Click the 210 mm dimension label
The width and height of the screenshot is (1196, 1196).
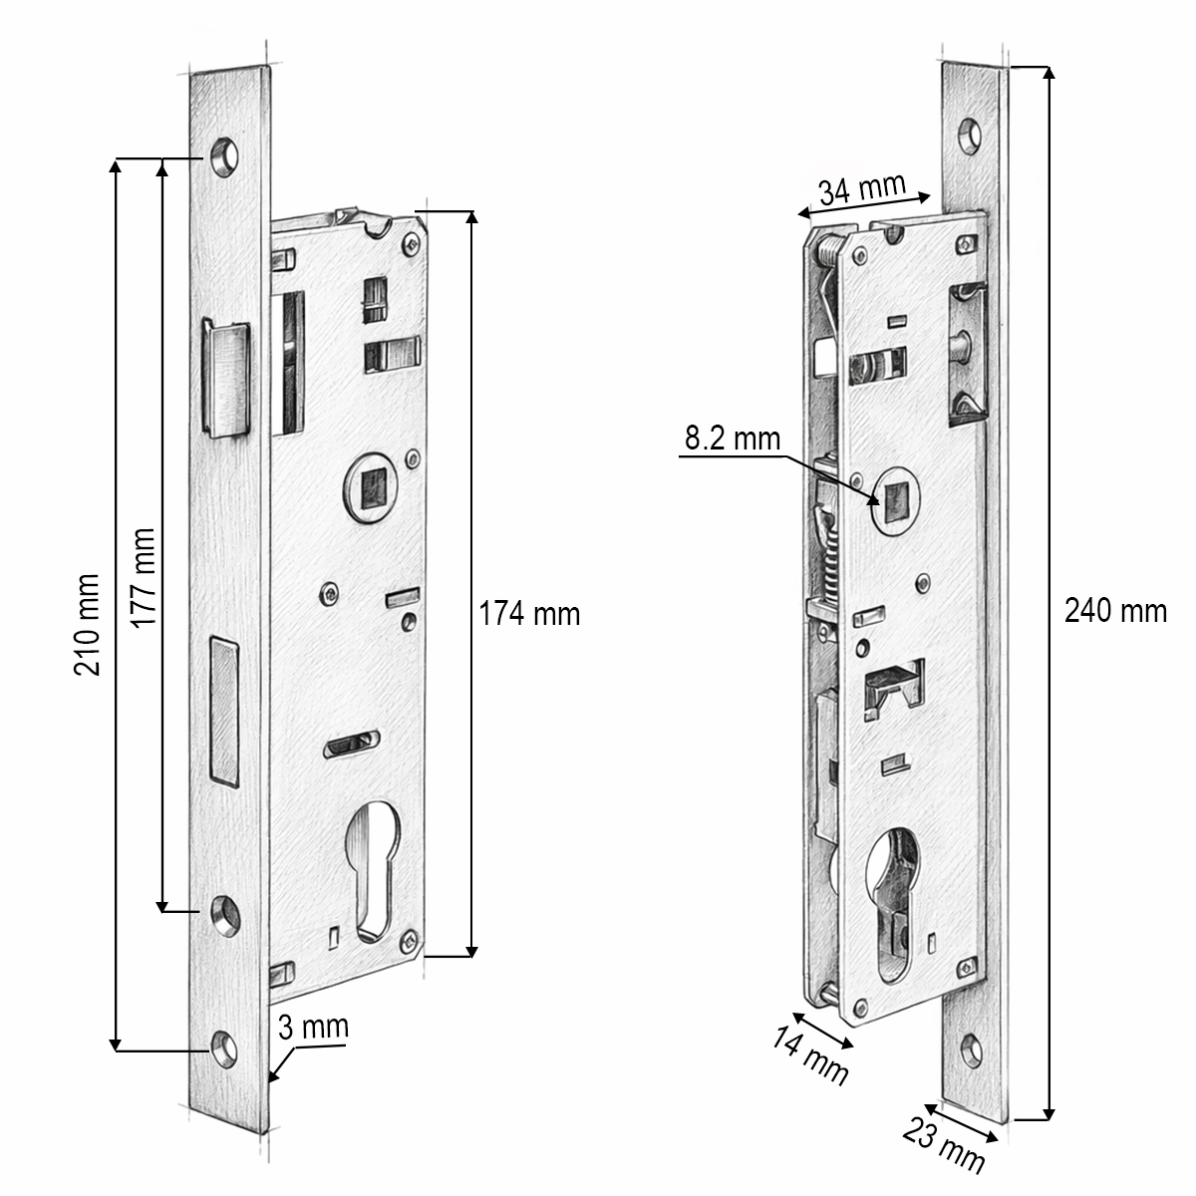pyautogui.click(x=88, y=624)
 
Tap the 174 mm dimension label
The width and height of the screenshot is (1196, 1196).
pyautogui.click(x=529, y=613)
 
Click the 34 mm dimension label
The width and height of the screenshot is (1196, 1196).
pyautogui.click(x=860, y=188)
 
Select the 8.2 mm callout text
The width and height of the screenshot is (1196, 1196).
pyautogui.click(x=731, y=439)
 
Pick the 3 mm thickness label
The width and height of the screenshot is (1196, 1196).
pyautogui.click(x=313, y=1028)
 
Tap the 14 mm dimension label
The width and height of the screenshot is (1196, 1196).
pyautogui.click(x=810, y=1055)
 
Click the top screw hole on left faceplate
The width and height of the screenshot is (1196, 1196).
pyautogui.click(x=224, y=157)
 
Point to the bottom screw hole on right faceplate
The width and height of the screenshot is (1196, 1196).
pyautogui.click(x=972, y=1046)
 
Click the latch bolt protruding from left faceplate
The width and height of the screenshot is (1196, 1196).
pyautogui.click(x=228, y=379)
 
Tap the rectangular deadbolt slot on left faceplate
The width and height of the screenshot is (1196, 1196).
pyautogui.click(x=224, y=709)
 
